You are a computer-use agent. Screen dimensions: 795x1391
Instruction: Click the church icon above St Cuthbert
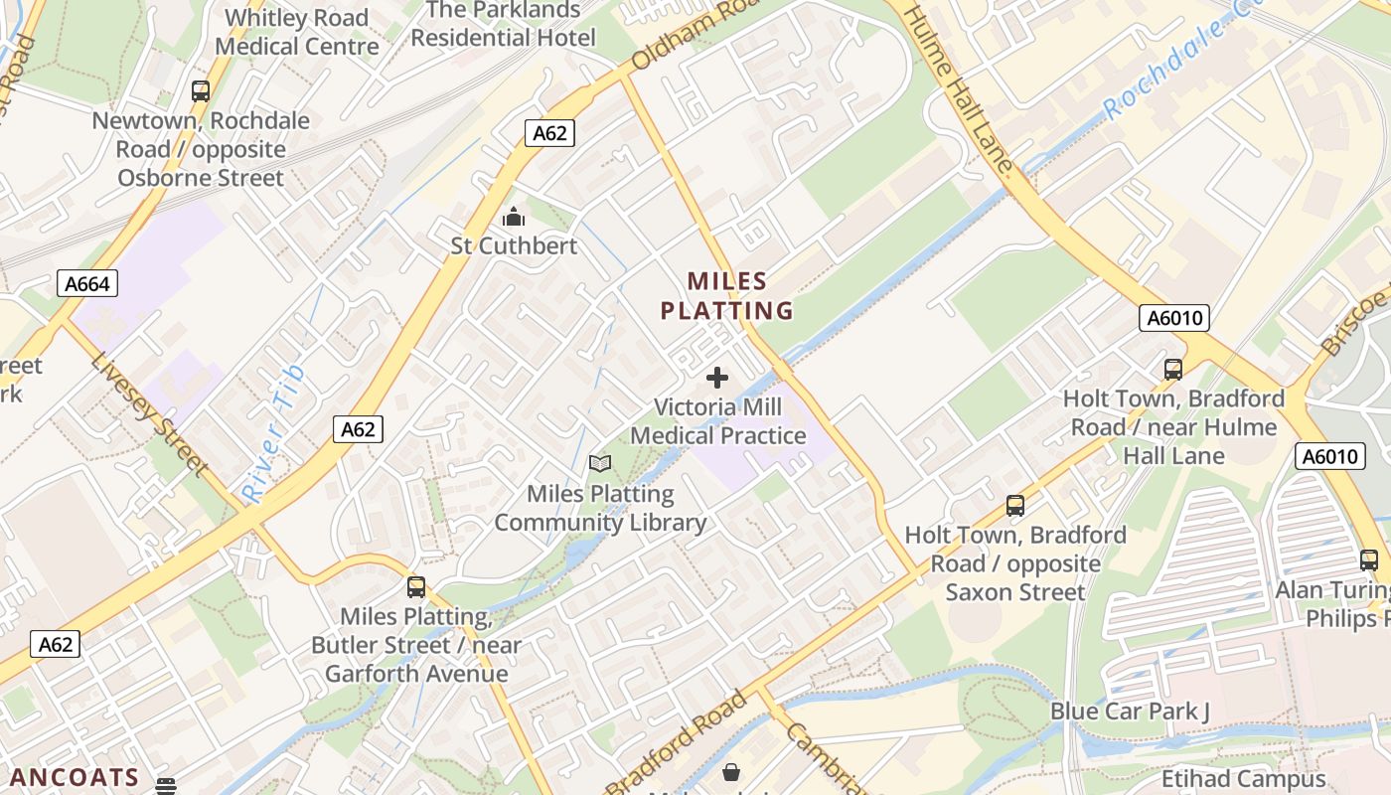pyautogui.click(x=513, y=217)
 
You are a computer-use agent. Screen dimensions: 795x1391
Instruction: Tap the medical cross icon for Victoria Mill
pyautogui.click(x=716, y=378)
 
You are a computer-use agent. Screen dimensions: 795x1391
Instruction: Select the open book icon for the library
pyautogui.click(x=600, y=464)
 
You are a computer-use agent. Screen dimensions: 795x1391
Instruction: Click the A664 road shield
pyautogui.click(x=86, y=284)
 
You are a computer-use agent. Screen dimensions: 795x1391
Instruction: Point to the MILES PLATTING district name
pyautogui.click(x=727, y=295)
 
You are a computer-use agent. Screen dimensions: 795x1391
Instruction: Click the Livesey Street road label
pyautogui.click(x=148, y=413)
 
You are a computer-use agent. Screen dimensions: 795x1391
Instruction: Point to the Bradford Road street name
pyautogui.click(x=676, y=742)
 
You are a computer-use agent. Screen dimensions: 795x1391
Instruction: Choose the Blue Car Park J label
pyautogui.click(x=1130, y=712)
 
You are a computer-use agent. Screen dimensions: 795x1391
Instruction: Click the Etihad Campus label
pyautogui.click(x=1243, y=779)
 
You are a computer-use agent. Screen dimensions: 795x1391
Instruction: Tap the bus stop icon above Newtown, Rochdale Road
pyautogui.click(x=201, y=91)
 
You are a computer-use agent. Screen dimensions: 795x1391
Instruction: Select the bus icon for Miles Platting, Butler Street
pyautogui.click(x=416, y=587)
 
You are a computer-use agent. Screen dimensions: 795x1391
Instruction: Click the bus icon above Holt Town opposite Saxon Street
pyautogui.click(x=1015, y=505)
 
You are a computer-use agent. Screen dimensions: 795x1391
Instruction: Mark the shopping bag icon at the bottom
pyautogui.click(x=731, y=772)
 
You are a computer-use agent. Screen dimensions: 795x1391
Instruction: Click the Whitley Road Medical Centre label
pyautogui.click(x=297, y=32)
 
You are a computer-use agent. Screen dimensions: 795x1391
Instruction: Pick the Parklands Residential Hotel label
pyautogui.click(x=503, y=24)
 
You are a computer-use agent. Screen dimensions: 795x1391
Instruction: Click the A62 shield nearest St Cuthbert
pyautogui.click(x=549, y=133)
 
